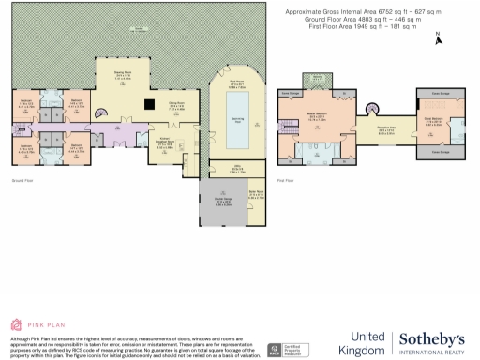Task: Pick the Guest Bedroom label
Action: (434, 120)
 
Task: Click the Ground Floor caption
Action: (22, 179)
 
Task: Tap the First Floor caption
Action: (285, 179)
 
